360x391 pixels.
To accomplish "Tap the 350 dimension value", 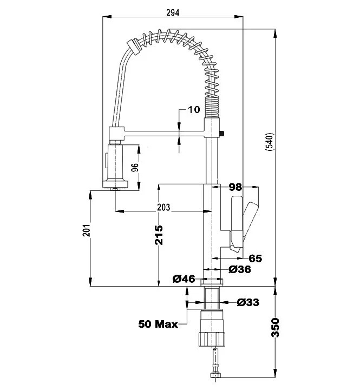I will pyautogui.click(x=276, y=328).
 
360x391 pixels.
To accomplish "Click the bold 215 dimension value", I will pyautogui.click(x=159, y=234).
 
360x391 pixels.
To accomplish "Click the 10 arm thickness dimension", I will pyautogui.click(x=193, y=110).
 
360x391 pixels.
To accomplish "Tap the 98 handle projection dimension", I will pyautogui.click(x=234, y=187).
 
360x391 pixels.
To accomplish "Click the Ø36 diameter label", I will pyautogui.click(x=239, y=269).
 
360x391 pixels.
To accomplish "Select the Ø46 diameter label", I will pyautogui.click(x=184, y=279).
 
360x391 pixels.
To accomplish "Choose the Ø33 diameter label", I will pyautogui.click(x=248, y=302).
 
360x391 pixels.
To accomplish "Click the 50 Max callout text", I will pyautogui.click(x=158, y=324).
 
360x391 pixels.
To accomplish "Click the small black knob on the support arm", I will pyautogui.click(x=222, y=133).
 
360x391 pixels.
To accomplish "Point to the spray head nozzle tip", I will pyautogui.click(x=114, y=189).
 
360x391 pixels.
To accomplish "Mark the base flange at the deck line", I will pyautogui.click(x=212, y=281).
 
